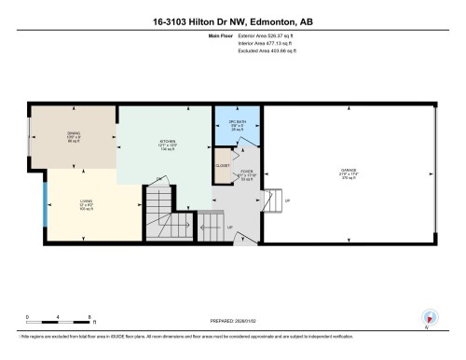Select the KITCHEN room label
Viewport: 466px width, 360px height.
click(x=168, y=145)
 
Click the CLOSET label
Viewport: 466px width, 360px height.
click(x=222, y=165)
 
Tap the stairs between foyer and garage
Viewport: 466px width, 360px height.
click(x=271, y=201)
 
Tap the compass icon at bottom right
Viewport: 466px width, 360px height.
click(x=429, y=317)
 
